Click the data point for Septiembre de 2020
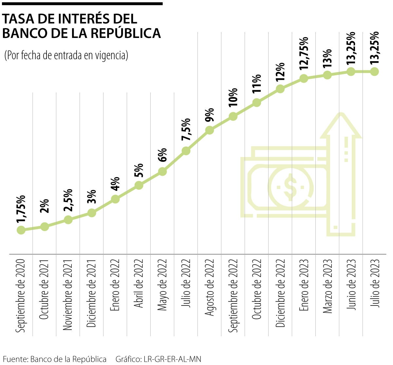[21, 230]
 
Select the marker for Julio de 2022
[186, 151]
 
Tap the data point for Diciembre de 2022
[280, 89]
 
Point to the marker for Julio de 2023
[375, 72]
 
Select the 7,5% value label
[186, 130]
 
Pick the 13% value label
[327, 58]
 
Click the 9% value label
[210, 114]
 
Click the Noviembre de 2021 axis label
[68, 295]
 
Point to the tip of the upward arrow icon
[341, 114]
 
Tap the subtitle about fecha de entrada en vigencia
[66, 55]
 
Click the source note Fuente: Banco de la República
[55, 359]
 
